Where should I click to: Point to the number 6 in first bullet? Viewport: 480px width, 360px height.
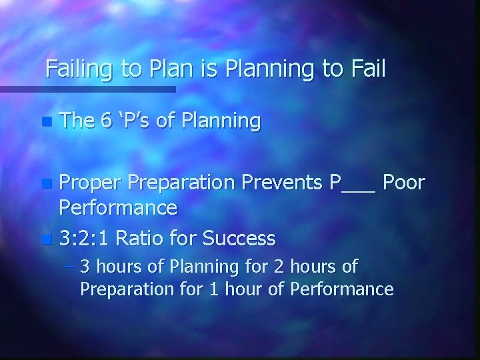click(x=105, y=121)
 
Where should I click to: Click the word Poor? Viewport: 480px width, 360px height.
click(x=404, y=183)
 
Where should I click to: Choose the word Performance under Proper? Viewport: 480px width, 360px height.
click(x=118, y=208)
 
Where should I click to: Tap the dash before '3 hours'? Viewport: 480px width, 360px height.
click(x=69, y=267)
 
